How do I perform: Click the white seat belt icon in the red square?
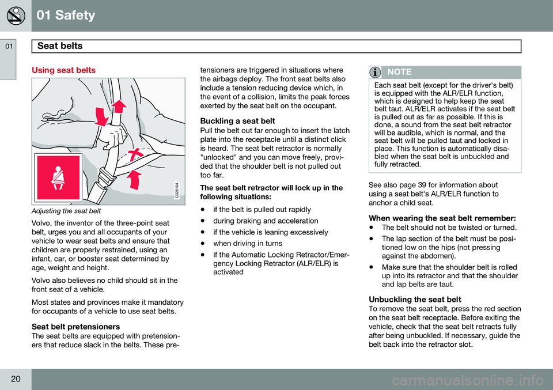click(58, 177)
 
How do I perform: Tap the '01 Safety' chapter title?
click(66, 16)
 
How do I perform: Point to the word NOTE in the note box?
click(399, 72)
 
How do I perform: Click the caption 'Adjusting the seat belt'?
click(67, 211)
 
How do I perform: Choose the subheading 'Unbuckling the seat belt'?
click(415, 300)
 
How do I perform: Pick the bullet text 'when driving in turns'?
click(248, 244)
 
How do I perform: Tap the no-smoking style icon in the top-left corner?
click(16, 16)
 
